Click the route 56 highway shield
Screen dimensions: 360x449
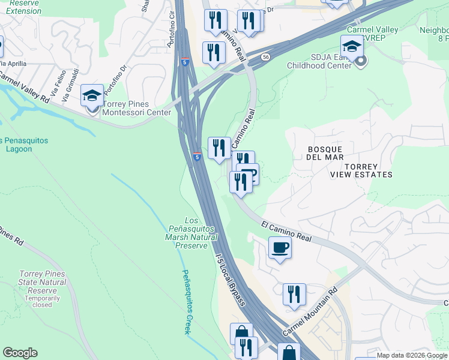pos(265,57)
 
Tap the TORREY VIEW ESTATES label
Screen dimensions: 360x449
pos(361,170)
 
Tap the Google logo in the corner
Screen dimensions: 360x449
pos(20,353)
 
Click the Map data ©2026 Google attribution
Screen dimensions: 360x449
pos(412,355)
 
